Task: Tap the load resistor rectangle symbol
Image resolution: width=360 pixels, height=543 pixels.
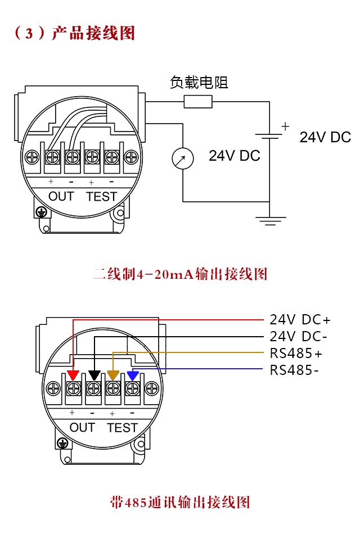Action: (x=198, y=101)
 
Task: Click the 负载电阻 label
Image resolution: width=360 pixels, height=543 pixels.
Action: (x=199, y=83)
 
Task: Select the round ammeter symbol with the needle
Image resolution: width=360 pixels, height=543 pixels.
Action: (x=183, y=159)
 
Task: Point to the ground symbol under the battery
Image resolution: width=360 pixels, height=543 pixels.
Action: (x=271, y=220)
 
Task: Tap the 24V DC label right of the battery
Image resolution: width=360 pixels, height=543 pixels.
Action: (x=325, y=137)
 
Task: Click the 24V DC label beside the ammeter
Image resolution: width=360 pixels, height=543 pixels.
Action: (x=235, y=156)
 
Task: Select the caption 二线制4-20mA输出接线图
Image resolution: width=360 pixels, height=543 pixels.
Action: (x=180, y=274)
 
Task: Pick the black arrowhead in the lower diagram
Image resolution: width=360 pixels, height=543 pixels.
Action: (x=94, y=375)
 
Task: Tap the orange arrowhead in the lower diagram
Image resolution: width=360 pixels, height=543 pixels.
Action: (x=113, y=375)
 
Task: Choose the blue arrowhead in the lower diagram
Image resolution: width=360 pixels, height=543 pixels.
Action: (x=133, y=375)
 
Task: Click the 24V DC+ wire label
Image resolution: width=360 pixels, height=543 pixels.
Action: (x=300, y=320)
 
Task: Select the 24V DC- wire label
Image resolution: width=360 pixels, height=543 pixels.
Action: (x=298, y=337)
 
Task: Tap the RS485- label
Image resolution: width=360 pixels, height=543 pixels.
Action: (x=295, y=370)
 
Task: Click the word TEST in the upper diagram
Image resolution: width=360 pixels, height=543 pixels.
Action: (x=101, y=197)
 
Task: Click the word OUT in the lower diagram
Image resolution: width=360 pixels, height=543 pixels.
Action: (x=82, y=428)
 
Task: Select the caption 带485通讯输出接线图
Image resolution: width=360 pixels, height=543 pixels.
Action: (x=180, y=501)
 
